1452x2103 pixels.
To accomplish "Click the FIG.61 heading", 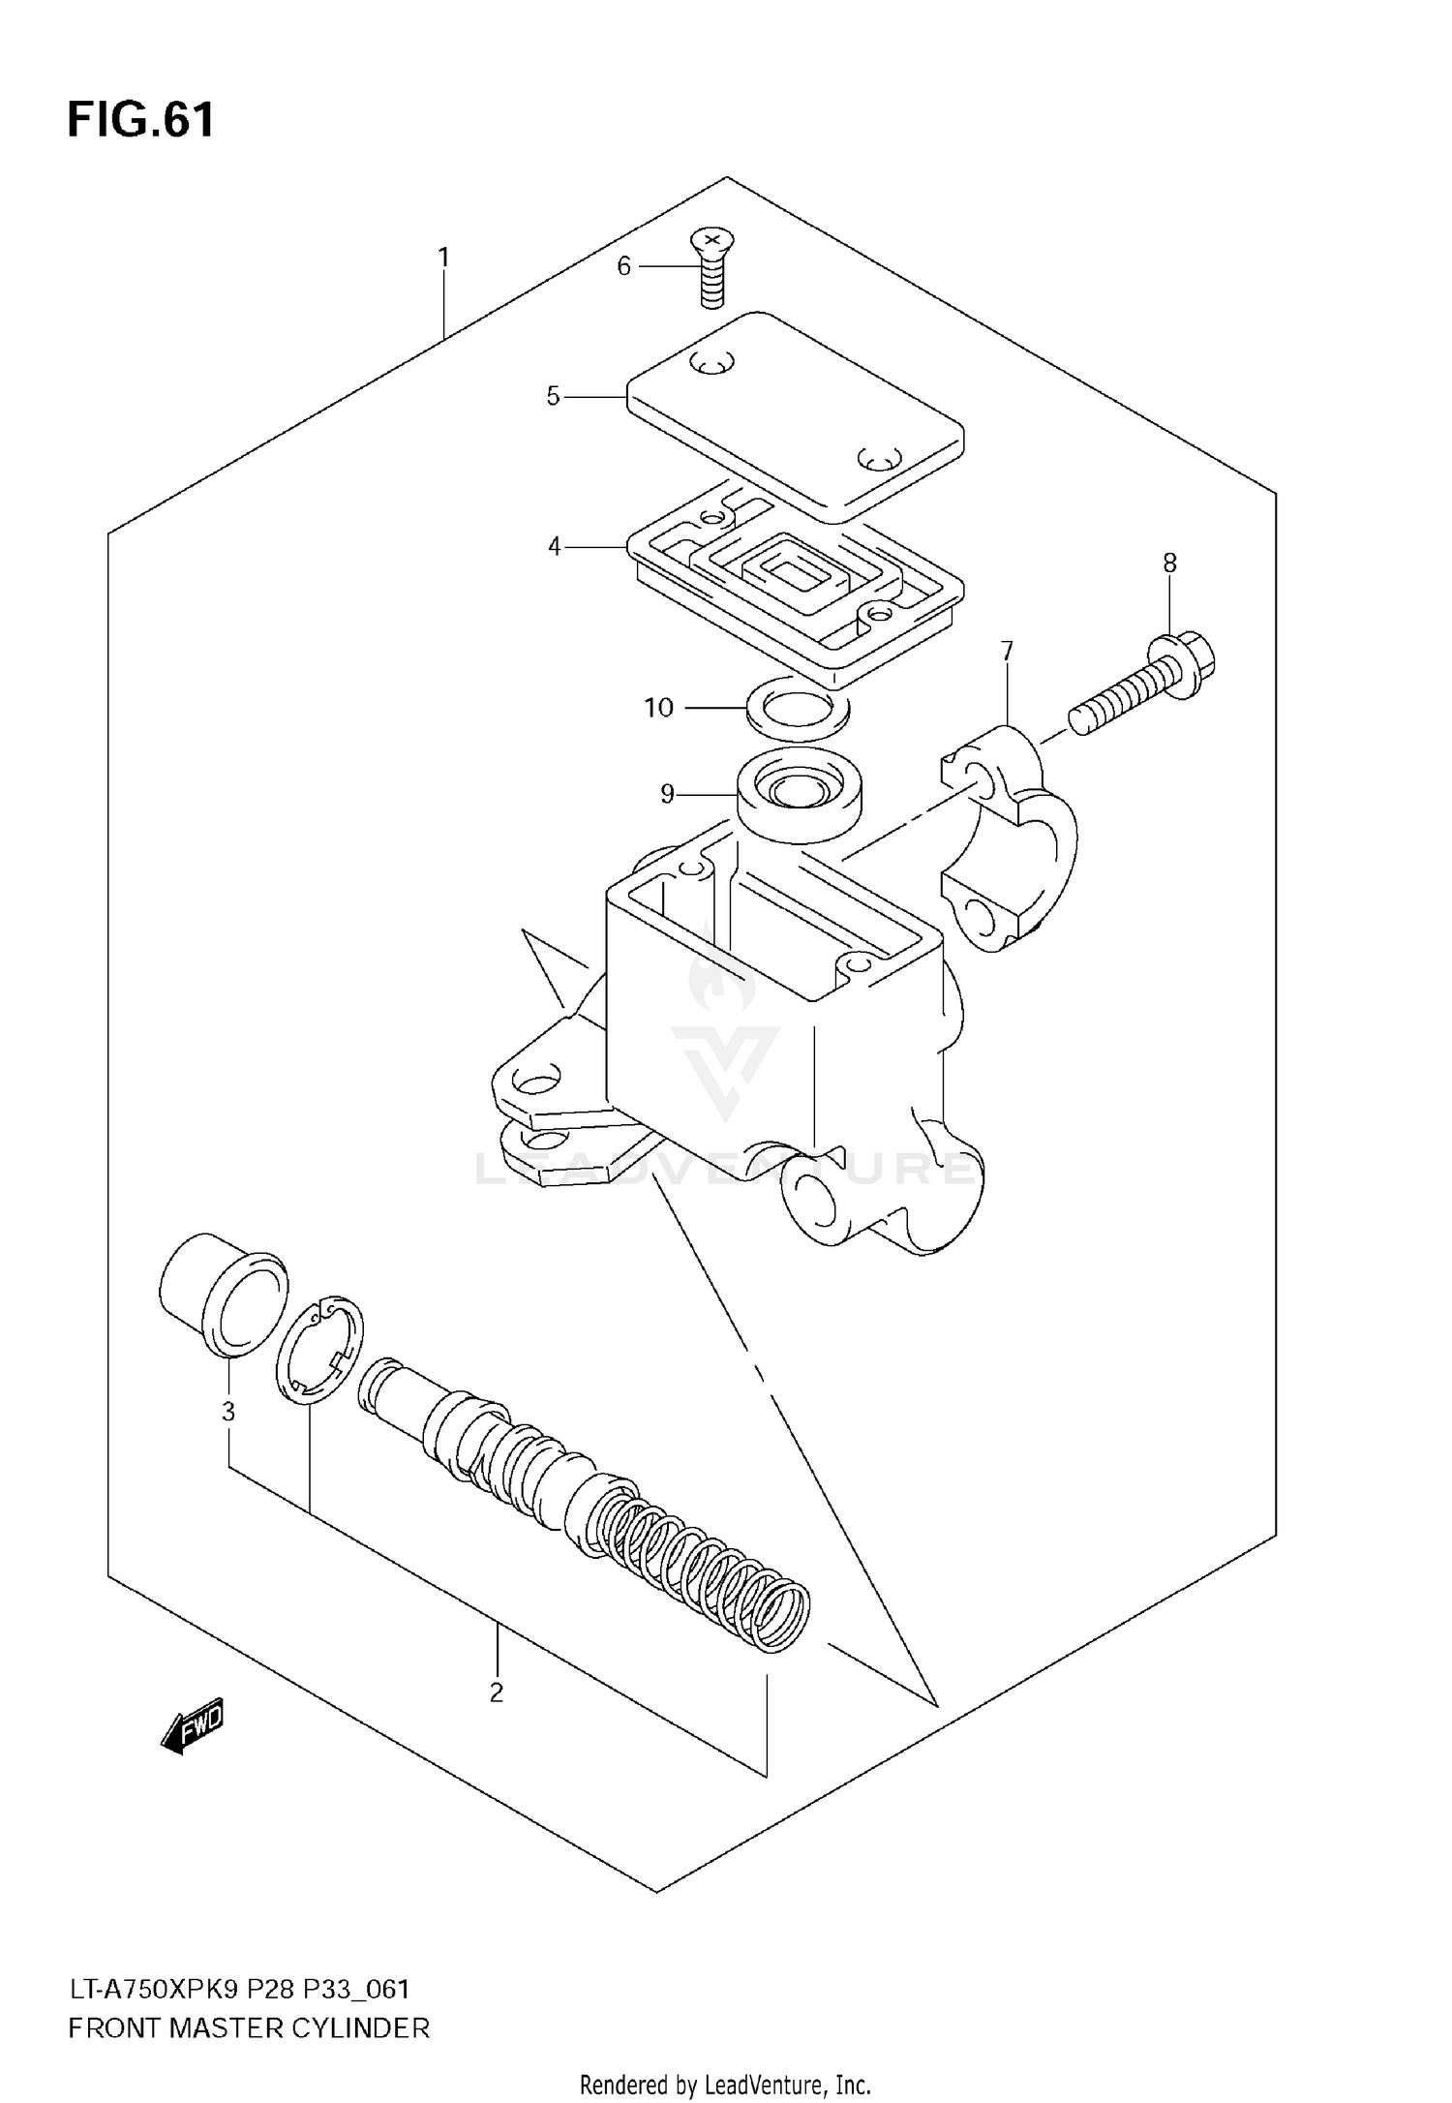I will pyautogui.click(x=140, y=121).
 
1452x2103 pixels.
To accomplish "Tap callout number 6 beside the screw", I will pyautogui.click(x=623, y=266).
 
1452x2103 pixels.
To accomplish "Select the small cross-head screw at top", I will pyautogui.click(x=712, y=268).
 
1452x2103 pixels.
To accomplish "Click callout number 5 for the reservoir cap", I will pyautogui.click(x=553, y=396).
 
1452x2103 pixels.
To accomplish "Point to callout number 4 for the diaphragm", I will pyautogui.click(x=554, y=547).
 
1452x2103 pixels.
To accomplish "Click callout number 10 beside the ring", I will pyautogui.click(x=658, y=708).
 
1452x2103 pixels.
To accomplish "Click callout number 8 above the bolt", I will pyautogui.click(x=1169, y=563).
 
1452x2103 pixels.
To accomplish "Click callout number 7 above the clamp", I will pyautogui.click(x=1007, y=651).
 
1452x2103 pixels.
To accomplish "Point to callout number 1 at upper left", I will pyautogui.click(x=443, y=259).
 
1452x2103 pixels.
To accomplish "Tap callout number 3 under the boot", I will pyautogui.click(x=228, y=1413).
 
